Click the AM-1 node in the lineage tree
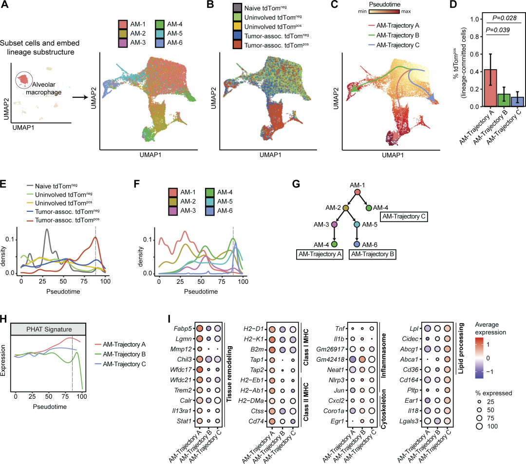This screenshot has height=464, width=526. pyautogui.click(x=357, y=192)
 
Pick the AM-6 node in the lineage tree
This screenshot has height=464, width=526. pyautogui.click(x=357, y=243)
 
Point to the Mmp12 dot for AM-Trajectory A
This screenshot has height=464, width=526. pyautogui.click(x=199, y=349)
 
